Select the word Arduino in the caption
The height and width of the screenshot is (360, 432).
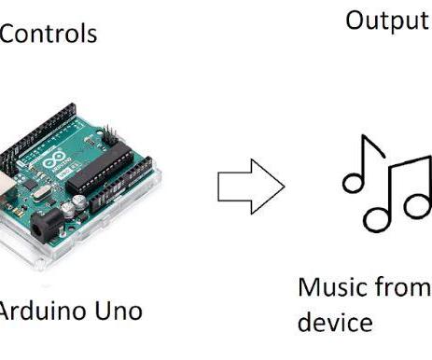[37, 310]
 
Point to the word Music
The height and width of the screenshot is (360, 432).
[327, 287]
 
